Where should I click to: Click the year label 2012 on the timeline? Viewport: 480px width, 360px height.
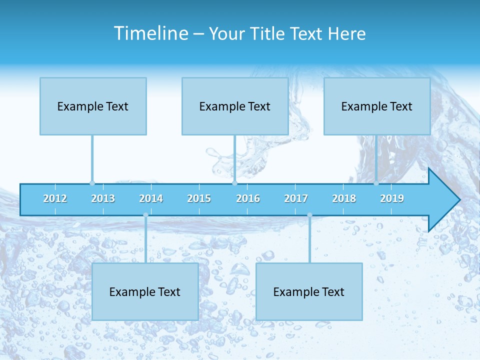click(x=55, y=198)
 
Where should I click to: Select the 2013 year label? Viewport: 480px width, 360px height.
click(x=103, y=198)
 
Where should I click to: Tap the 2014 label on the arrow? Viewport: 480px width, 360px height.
click(x=151, y=198)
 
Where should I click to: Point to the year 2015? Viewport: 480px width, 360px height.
click(x=199, y=198)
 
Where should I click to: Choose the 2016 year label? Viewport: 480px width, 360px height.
click(x=248, y=198)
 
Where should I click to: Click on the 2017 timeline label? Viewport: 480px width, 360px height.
click(x=296, y=198)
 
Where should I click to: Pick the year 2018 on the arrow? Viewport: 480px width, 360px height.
click(x=344, y=198)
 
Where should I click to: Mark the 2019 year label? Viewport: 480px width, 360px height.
click(x=392, y=198)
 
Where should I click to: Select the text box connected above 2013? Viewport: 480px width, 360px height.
click(x=93, y=106)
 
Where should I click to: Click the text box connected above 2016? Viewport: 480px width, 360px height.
click(x=235, y=106)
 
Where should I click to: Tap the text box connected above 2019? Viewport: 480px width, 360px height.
click(x=377, y=106)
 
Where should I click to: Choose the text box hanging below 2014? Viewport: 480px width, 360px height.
click(x=145, y=291)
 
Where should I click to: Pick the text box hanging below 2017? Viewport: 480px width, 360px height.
click(x=309, y=291)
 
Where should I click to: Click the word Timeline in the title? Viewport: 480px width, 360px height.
click(x=150, y=33)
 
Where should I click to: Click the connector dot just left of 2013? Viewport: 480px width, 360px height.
click(x=92, y=183)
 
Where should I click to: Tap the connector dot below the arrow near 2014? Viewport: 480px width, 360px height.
click(x=145, y=215)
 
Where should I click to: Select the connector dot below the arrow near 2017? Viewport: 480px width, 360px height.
click(x=309, y=215)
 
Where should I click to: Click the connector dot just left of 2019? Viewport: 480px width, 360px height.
click(x=376, y=183)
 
